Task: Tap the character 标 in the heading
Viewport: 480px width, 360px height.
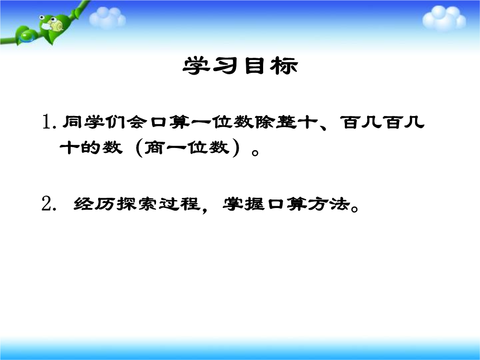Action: click(284, 65)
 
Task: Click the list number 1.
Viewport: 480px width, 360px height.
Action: click(48, 122)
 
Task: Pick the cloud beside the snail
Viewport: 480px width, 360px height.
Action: click(107, 18)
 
